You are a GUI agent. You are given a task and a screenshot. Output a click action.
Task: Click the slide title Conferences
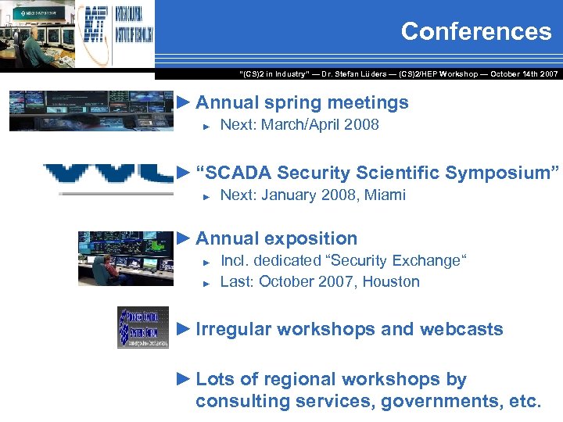(475, 32)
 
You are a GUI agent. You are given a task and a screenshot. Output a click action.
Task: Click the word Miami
(383, 195)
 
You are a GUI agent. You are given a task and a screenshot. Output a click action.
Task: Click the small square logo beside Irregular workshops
(142, 327)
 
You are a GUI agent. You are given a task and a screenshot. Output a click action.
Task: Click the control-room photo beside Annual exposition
(125, 258)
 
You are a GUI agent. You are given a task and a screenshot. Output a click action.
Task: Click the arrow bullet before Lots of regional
(184, 379)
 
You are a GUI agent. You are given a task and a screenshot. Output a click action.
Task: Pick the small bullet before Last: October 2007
(207, 283)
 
